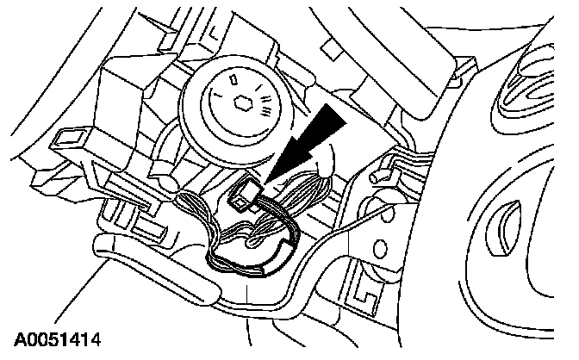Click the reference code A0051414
pos(53,339)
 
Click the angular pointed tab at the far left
pos(39,177)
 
